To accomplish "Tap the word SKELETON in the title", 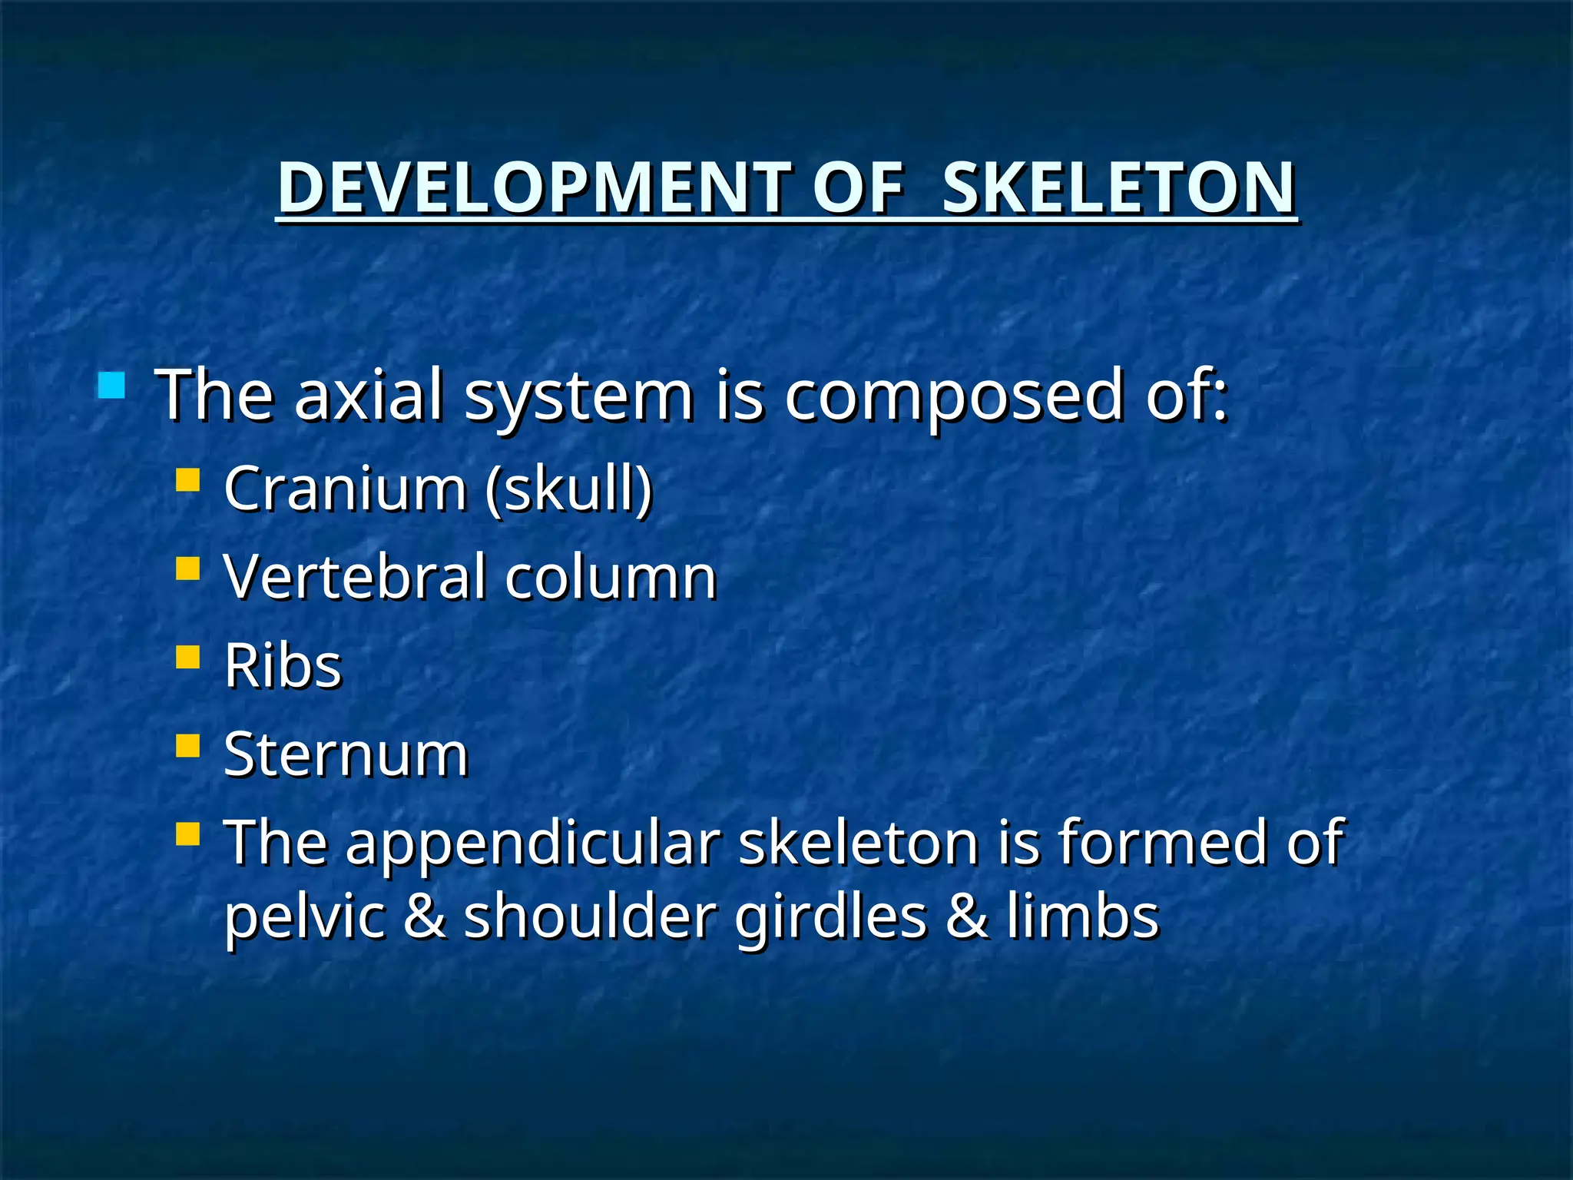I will pyautogui.click(x=1119, y=188).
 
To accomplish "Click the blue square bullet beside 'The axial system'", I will pyautogui.click(x=111, y=386).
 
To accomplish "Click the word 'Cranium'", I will pyautogui.click(x=345, y=488).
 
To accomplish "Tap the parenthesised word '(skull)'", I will pyautogui.click(x=568, y=489).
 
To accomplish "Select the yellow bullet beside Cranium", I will pyautogui.click(x=187, y=481).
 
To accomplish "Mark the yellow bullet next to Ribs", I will pyautogui.click(x=187, y=658).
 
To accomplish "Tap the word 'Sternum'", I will pyautogui.click(x=346, y=754).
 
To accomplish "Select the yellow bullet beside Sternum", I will pyautogui.click(x=187, y=746).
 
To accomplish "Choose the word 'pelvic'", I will pyautogui.click(x=304, y=918).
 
